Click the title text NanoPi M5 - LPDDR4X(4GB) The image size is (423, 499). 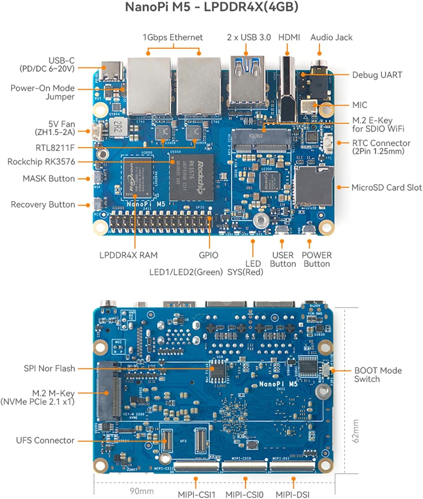point(211,7)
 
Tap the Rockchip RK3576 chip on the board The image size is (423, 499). point(191,177)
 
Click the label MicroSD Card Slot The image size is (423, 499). point(386,188)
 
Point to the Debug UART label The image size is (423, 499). point(377,75)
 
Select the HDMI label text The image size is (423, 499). point(289,37)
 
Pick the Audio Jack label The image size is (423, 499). point(331,37)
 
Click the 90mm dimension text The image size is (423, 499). point(141,491)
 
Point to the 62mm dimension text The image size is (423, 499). point(355,431)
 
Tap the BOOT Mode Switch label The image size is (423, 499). point(378,375)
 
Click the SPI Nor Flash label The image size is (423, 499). point(49,368)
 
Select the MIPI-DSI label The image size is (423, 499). point(293,494)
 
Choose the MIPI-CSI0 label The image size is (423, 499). point(244,494)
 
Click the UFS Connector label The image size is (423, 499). point(45,440)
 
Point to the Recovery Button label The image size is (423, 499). point(43,204)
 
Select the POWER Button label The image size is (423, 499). point(317,259)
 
